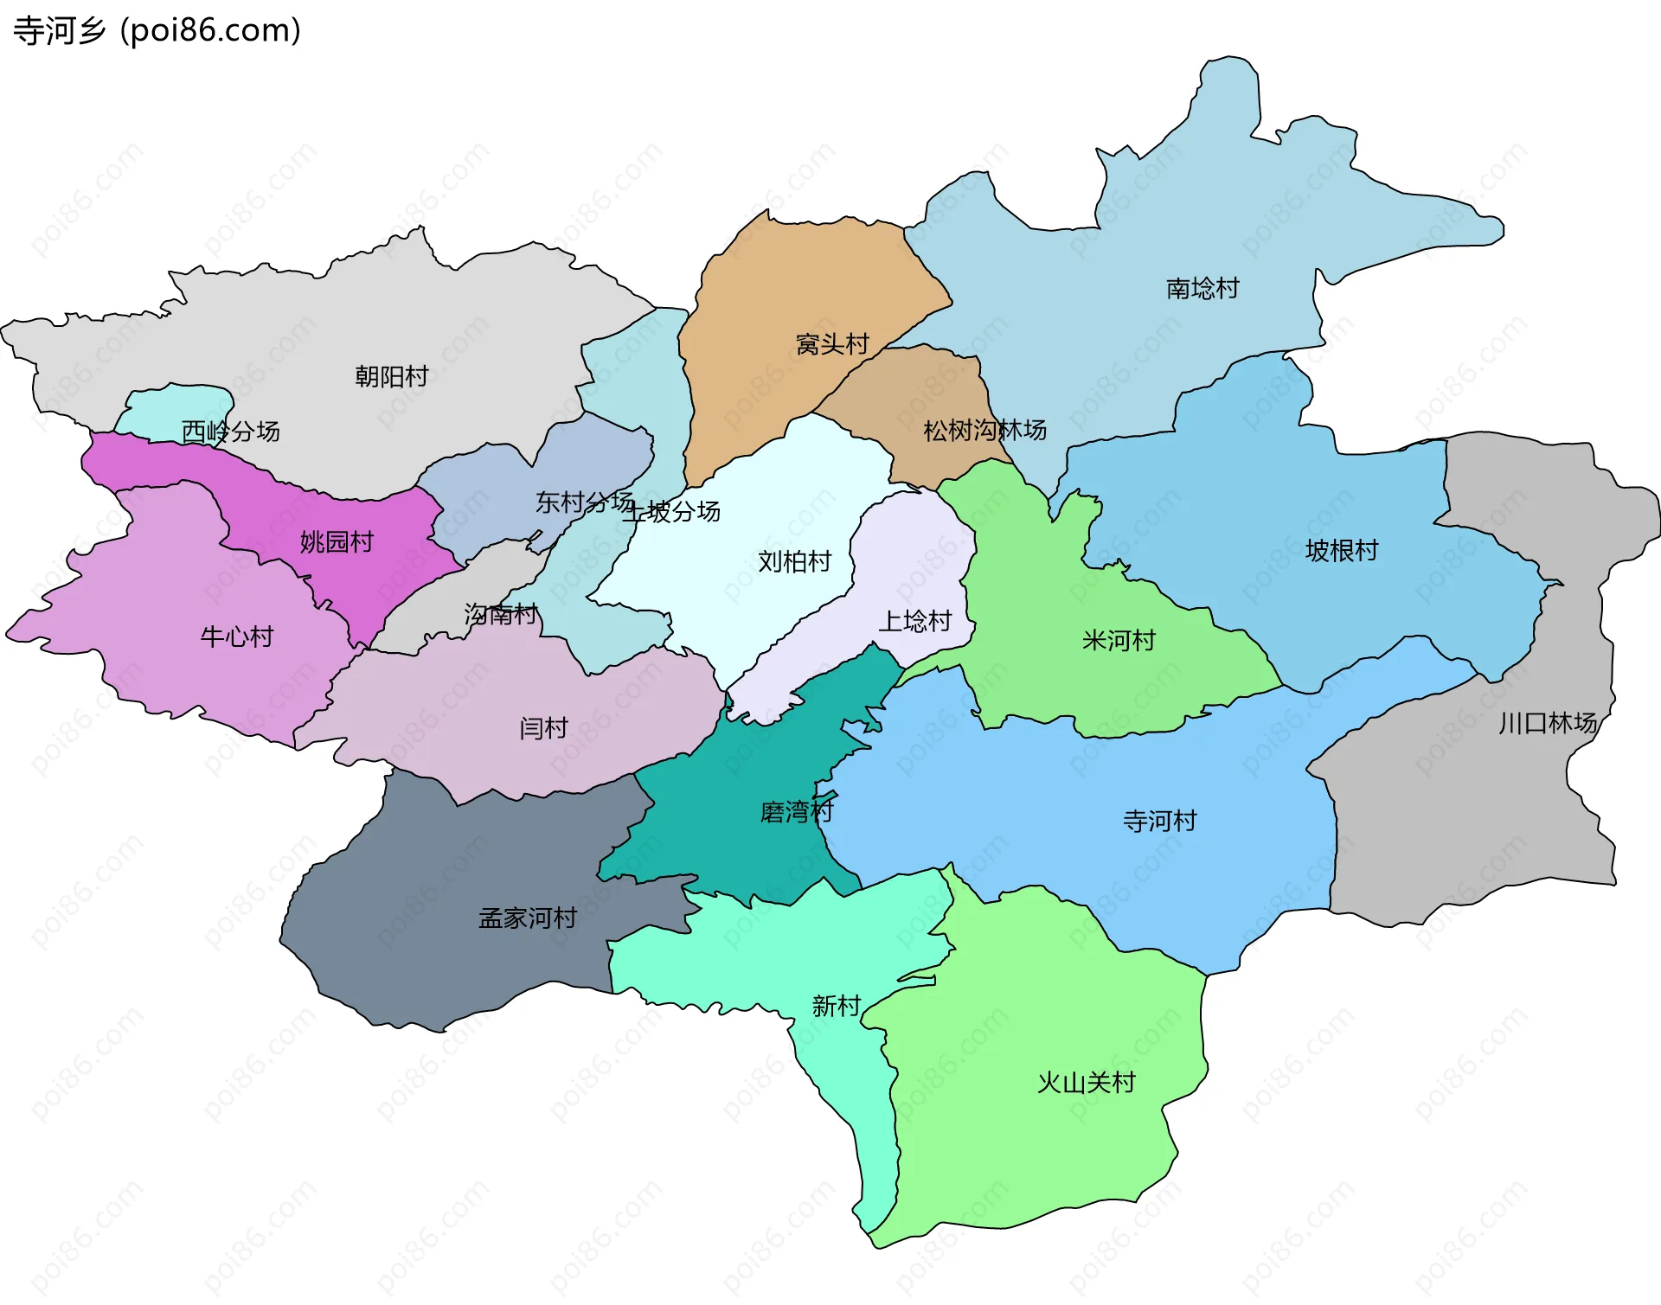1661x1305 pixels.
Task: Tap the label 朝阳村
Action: coord(391,376)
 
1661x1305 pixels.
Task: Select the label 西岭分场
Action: coord(230,431)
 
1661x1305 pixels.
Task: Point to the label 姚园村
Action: coord(337,542)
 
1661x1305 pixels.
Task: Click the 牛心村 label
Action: coord(236,637)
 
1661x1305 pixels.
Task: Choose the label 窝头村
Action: coord(831,344)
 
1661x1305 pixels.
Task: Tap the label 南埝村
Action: coord(1202,288)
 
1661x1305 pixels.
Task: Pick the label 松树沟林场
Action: coord(984,430)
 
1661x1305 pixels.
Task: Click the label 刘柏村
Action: coord(793,562)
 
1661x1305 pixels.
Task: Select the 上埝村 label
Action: coord(914,621)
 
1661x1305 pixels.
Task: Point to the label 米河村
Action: coord(1118,641)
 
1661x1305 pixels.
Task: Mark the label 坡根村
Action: coord(1341,551)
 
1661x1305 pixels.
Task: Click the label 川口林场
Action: coord(1547,723)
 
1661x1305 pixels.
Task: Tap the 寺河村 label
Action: coord(1159,821)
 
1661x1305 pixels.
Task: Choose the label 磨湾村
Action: coord(795,812)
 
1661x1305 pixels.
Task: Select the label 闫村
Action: coord(543,728)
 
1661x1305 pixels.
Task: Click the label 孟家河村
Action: coord(527,918)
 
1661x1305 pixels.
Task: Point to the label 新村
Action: coord(836,1006)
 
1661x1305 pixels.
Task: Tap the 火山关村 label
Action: coord(1086,1083)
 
